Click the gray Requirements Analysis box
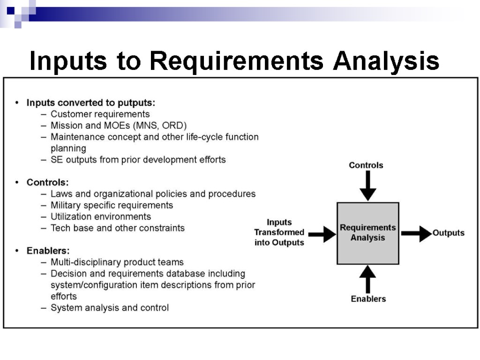point(368,233)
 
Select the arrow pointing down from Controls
point(368,186)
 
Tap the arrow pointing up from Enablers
point(368,279)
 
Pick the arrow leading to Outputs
point(416,233)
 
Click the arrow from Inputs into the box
point(322,233)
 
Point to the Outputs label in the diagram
point(449,233)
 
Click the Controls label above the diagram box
point(366,165)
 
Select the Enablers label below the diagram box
point(368,299)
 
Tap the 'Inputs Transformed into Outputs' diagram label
point(279,232)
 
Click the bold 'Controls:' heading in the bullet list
point(47,182)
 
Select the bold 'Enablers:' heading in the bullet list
point(48,251)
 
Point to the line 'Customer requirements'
point(100,114)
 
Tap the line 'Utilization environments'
point(101,217)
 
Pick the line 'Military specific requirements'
point(112,205)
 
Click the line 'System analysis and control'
point(110,308)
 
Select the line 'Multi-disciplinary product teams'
point(117,262)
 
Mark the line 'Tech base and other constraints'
point(118,228)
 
